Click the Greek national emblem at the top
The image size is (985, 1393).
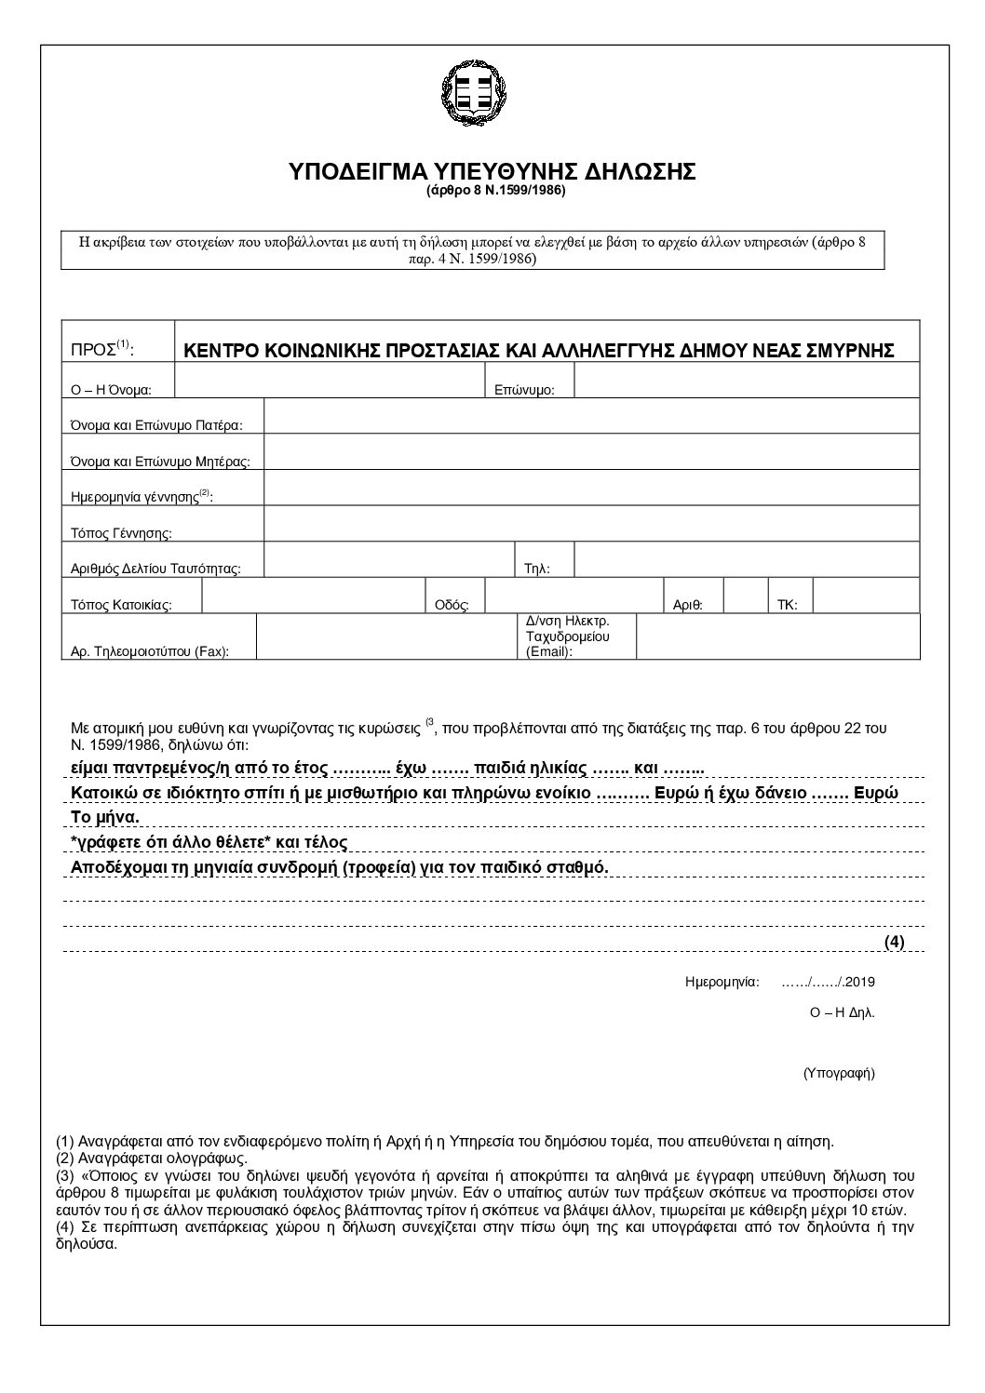click(475, 89)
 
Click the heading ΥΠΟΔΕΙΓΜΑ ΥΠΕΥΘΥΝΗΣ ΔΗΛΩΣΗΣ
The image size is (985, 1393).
click(492, 173)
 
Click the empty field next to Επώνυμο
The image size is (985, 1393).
click(747, 381)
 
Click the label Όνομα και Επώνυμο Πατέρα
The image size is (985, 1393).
click(156, 425)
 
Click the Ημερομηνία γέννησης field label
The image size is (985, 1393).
click(142, 497)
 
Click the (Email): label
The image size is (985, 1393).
click(549, 651)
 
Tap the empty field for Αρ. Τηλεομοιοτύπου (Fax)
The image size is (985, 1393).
click(385, 637)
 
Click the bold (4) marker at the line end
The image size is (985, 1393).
click(894, 942)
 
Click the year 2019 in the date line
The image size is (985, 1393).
click(860, 981)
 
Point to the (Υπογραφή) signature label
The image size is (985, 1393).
click(839, 1073)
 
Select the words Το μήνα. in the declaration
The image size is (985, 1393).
click(105, 817)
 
